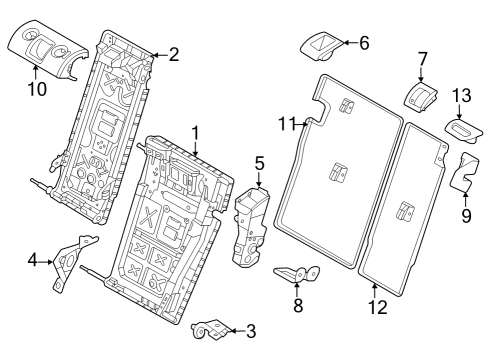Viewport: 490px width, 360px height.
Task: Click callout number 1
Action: [x=196, y=131]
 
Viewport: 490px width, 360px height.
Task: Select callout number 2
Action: [x=173, y=55]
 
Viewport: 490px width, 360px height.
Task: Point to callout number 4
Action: [x=33, y=260]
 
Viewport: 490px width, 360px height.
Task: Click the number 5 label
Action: [x=259, y=161]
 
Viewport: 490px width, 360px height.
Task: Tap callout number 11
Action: [x=287, y=123]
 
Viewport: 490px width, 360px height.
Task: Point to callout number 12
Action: [x=377, y=309]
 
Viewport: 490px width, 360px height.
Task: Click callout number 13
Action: [x=460, y=95]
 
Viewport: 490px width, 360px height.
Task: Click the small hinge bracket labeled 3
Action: [x=210, y=326]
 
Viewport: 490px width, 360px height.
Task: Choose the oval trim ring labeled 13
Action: [x=463, y=129]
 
